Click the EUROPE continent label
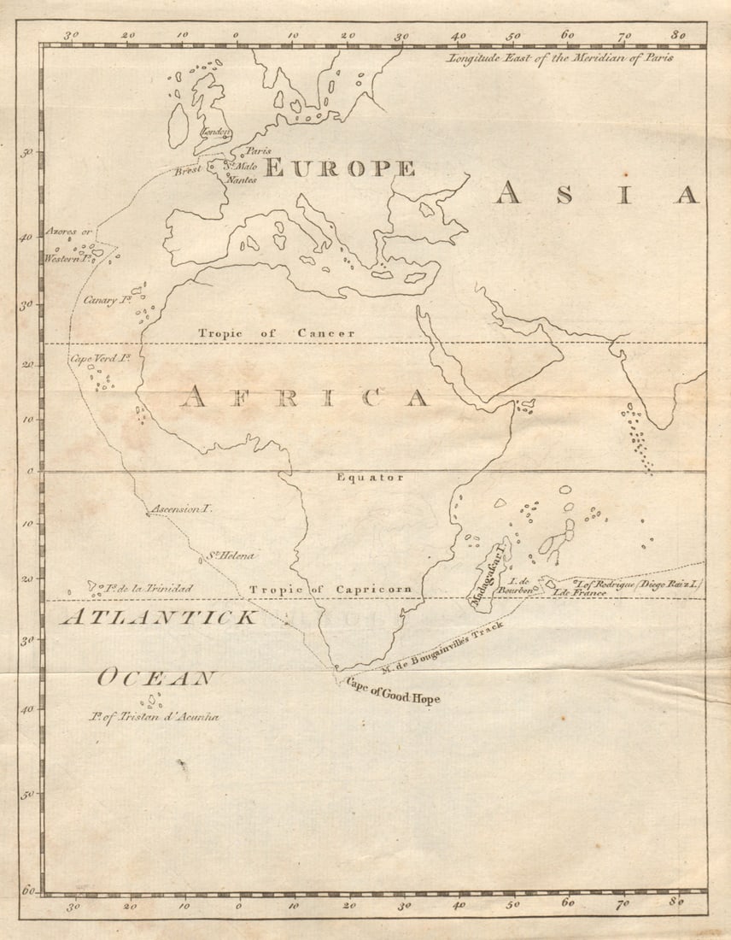pyautogui.click(x=339, y=168)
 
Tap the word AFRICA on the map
pyautogui.click(x=305, y=397)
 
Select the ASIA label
pyautogui.click(x=596, y=194)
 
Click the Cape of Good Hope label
pyautogui.click(x=393, y=692)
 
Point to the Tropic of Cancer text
pyautogui.click(x=276, y=333)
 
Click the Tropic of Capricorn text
pyautogui.click(x=330, y=590)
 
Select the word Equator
pyautogui.click(x=369, y=478)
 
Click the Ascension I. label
pyautogui.click(x=181, y=508)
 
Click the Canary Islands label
pyautogui.click(x=107, y=300)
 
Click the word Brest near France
pyautogui.click(x=188, y=170)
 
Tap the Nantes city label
pyautogui.click(x=241, y=180)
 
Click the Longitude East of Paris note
pyautogui.click(x=559, y=58)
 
